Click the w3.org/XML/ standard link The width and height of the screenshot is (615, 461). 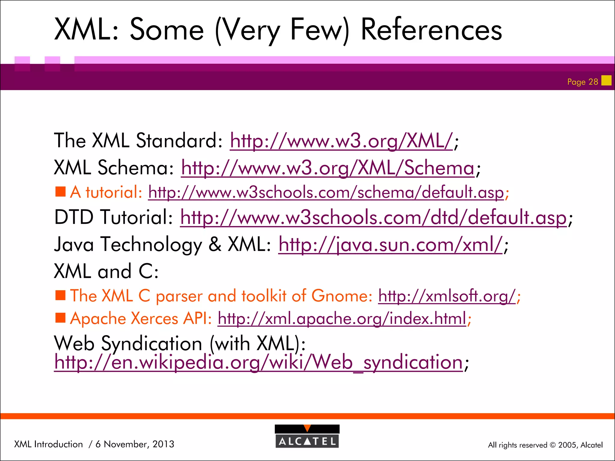pyautogui.click(x=341, y=141)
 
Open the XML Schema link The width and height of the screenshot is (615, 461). pyautogui.click(x=328, y=168)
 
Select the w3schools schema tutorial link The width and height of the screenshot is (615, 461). pyautogui.click(x=326, y=192)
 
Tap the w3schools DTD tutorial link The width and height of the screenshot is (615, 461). pyautogui.click(x=373, y=217)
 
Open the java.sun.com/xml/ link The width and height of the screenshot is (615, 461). pyautogui.click(x=390, y=244)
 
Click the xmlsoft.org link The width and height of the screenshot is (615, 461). pyautogui.click(x=447, y=296)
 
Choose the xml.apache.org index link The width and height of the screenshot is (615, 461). pyautogui.click(x=342, y=318)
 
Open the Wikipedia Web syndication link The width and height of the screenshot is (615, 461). pyautogui.click(x=258, y=362)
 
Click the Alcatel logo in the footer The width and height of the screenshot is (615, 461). pyautogui.click(x=307, y=436)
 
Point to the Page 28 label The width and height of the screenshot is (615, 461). pyautogui.click(x=582, y=82)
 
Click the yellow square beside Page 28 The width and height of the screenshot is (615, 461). pyautogui.click(x=606, y=80)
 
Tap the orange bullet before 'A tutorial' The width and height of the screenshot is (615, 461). pyautogui.click(x=60, y=191)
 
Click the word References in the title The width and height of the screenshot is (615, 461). pyautogui.click(x=431, y=29)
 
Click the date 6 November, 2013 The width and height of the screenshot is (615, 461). pyautogui.click(x=135, y=444)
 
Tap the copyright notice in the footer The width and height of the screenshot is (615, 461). pyautogui.click(x=545, y=445)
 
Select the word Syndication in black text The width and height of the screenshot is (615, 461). pyautogui.click(x=151, y=343)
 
